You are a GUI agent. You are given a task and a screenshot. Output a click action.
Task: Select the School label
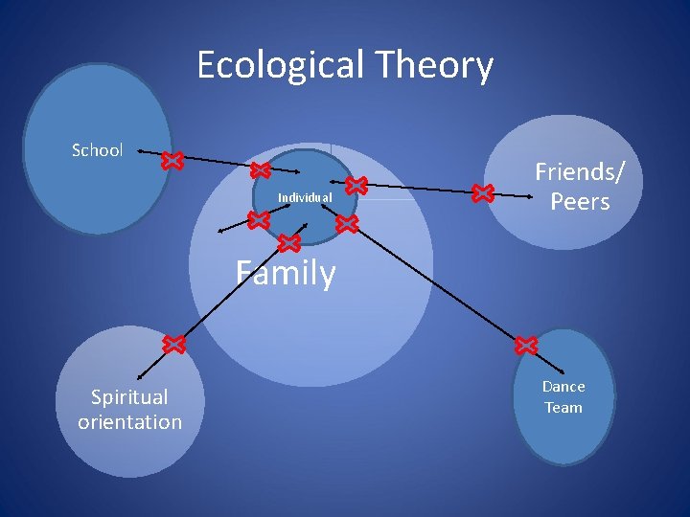click(98, 150)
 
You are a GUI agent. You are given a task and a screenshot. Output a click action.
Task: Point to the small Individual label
click(305, 198)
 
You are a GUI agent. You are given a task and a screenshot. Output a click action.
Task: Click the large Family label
click(286, 274)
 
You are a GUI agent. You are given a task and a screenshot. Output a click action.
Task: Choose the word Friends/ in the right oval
click(580, 172)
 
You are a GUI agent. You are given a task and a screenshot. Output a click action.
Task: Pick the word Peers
click(580, 201)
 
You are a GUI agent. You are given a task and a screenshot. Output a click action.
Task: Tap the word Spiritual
click(129, 396)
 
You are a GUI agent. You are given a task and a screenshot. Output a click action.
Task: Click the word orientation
click(129, 421)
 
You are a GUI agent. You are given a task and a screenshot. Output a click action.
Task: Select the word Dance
click(563, 387)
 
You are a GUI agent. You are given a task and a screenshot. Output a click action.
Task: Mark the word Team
click(563, 408)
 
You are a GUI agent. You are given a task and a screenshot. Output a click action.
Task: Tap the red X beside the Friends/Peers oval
click(482, 194)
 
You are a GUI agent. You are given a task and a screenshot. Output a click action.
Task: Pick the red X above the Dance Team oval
click(526, 345)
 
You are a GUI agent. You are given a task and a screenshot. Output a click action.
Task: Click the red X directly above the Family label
click(287, 245)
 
